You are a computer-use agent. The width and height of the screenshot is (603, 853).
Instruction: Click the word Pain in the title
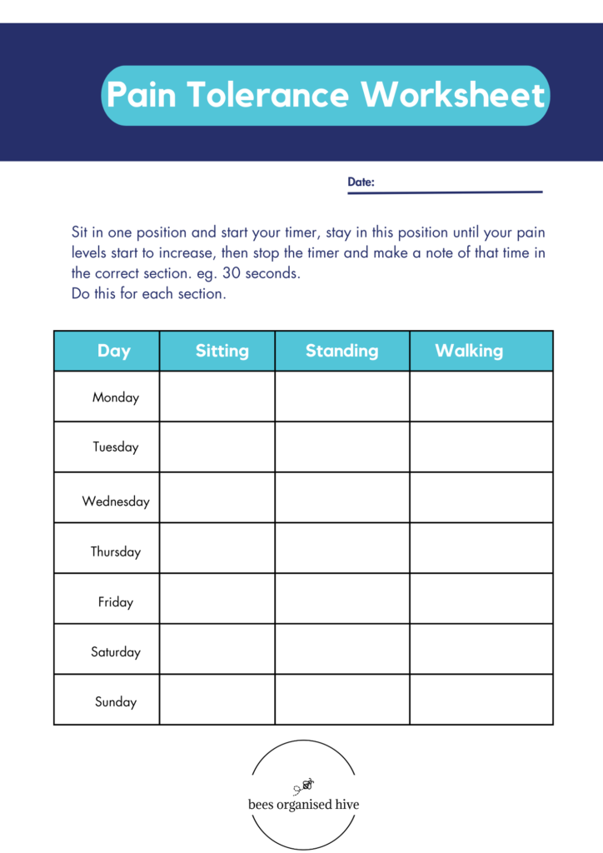pyautogui.click(x=141, y=96)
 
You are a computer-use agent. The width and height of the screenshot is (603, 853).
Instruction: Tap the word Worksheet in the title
pyautogui.click(x=453, y=96)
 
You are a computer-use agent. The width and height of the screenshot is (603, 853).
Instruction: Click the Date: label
pyautogui.click(x=361, y=182)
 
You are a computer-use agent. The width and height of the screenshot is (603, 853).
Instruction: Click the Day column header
pyautogui.click(x=113, y=351)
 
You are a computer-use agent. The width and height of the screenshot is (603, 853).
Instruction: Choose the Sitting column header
pyautogui.click(x=222, y=351)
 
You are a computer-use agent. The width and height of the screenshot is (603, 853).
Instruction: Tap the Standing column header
pyautogui.click(x=341, y=351)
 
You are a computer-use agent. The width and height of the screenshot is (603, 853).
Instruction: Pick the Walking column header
pyautogui.click(x=469, y=351)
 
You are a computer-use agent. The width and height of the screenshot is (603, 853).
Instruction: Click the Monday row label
pyautogui.click(x=116, y=397)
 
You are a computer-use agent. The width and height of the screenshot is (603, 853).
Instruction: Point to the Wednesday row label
pyautogui.click(x=116, y=501)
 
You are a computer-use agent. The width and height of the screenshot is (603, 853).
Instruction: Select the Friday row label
pyautogui.click(x=116, y=602)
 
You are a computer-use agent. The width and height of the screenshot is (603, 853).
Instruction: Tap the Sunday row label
pyautogui.click(x=116, y=702)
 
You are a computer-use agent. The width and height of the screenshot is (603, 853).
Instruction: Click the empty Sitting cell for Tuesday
pyautogui.click(x=217, y=447)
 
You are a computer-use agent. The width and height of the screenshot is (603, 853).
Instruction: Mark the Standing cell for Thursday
pyautogui.click(x=341, y=548)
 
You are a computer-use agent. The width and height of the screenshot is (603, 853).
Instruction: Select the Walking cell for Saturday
pyautogui.click(x=481, y=649)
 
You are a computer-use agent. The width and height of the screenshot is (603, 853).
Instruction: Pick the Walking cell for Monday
pyautogui.click(x=481, y=397)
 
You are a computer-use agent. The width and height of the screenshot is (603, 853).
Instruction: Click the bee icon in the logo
pyautogui.click(x=306, y=785)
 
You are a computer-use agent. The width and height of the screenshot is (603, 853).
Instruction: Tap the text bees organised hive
pyautogui.click(x=304, y=806)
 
